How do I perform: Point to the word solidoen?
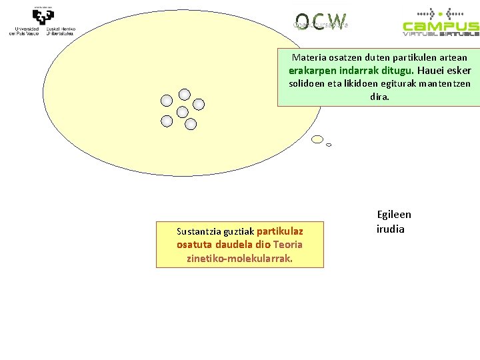click(308, 84)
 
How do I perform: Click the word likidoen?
click(361, 84)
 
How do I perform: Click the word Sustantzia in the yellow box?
click(199, 232)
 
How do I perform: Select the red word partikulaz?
click(279, 232)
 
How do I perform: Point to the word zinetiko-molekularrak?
click(239, 258)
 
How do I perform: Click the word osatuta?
click(195, 245)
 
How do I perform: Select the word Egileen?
click(394, 215)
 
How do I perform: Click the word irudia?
click(391, 229)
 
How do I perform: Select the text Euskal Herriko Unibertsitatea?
click(61, 31)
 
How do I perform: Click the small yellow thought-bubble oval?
click(318, 139)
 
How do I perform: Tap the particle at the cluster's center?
click(182, 111)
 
